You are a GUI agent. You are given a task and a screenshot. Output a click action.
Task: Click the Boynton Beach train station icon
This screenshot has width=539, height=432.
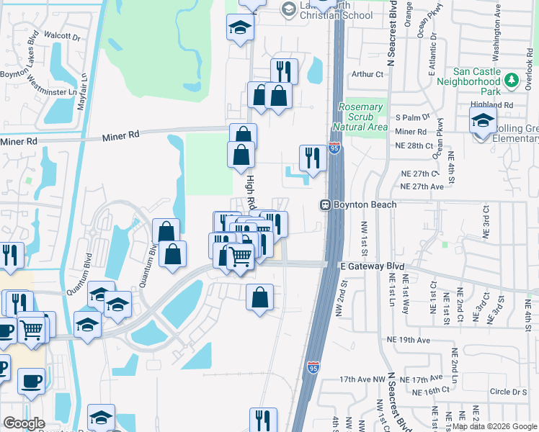coord(326,205)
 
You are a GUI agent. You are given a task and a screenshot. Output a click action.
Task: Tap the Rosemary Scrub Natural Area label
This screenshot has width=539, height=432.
coord(365,117)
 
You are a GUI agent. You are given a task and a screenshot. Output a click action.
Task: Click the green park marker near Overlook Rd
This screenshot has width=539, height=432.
coord(512,79)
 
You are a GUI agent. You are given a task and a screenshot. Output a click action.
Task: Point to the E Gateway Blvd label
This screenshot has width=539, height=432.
coord(372,266)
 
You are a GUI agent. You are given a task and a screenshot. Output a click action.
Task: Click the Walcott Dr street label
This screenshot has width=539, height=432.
coord(61,35)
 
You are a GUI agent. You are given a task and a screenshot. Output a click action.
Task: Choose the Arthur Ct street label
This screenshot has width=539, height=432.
coord(367,74)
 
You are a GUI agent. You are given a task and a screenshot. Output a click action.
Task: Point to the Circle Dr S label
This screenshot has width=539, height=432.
coord(509,392)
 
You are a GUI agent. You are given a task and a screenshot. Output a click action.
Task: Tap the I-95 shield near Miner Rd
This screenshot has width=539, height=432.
coord(334,148)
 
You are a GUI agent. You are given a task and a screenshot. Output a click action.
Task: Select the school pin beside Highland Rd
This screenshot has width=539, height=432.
coord(483,121)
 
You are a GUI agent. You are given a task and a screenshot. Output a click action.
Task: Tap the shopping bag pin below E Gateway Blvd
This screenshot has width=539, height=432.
coord(259,296)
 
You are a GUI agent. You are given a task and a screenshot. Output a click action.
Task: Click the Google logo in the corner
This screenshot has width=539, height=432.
coord(24,423)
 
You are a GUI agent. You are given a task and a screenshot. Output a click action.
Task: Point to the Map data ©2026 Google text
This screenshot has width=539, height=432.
coord(494,426)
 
